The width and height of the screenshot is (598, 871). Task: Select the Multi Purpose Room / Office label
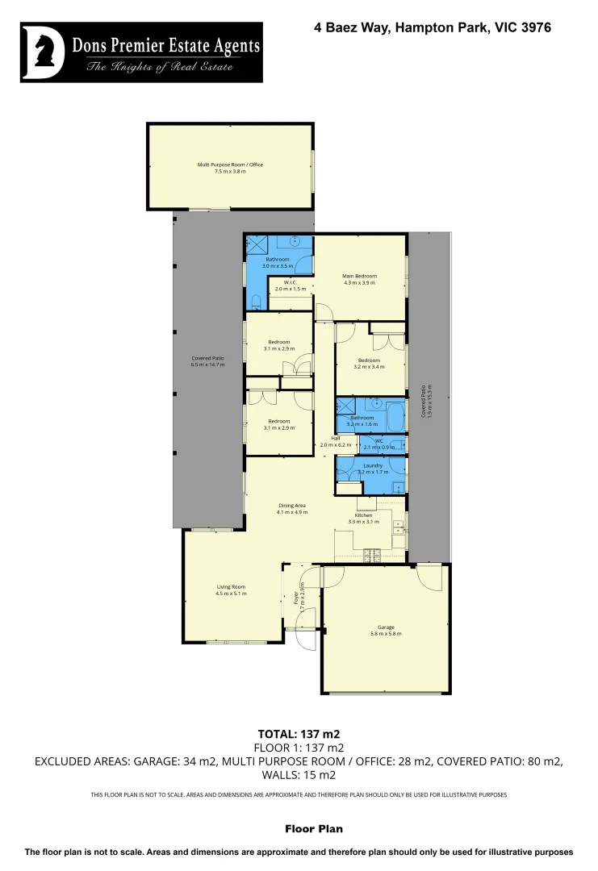tap(231, 165)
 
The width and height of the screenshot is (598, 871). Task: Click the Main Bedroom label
tap(360, 276)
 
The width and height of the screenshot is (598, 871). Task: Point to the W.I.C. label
tap(291, 282)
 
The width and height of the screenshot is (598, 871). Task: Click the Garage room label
tap(386, 627)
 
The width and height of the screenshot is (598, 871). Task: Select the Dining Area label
tap(291, 505)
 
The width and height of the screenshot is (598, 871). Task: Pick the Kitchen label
tap(363, 515)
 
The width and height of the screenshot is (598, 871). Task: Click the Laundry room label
tap(373, 465)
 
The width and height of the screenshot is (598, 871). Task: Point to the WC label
tap(378, 441)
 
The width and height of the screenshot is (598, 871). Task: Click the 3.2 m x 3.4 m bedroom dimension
tap(369, 366)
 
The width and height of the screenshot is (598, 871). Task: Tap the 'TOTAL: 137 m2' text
tap(299, 734)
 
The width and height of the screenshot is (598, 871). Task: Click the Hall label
tap(324, 438)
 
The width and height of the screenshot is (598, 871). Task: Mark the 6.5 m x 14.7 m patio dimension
tap(207, 365)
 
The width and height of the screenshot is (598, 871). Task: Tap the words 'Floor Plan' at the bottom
tap(314, 828)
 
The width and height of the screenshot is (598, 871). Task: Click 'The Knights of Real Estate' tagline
tap(160, 67)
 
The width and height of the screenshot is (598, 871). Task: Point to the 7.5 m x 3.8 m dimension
tap(231, 171)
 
